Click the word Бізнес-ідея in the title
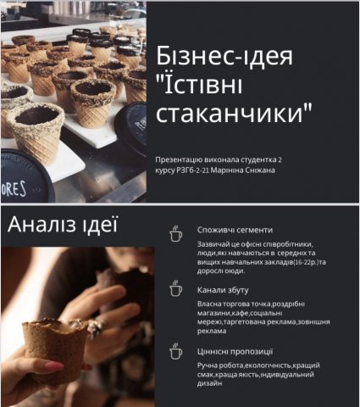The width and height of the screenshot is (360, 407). click(x=224, y=55)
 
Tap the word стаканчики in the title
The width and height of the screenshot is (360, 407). click(x=235, y=113)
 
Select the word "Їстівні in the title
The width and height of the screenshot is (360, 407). click(x=199, y=84)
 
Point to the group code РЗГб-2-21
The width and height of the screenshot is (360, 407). click(x=193, y=170)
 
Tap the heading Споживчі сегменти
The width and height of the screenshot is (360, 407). click(x=235, y=230)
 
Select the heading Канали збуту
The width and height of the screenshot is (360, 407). click(x=223, y=290)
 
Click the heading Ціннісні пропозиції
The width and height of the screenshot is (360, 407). click(x=235, y=352)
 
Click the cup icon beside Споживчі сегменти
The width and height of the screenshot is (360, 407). click(x=175, y=233)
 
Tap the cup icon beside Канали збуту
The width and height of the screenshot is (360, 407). click(x=175, y=288)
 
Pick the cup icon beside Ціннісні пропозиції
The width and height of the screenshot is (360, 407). click(x=175, y=351)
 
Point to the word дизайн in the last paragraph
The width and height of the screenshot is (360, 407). click(x=209, y=383)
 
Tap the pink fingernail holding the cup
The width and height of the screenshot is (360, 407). click(x=54, y=367)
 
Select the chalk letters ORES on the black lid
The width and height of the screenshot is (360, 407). click(x=14, y=189)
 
